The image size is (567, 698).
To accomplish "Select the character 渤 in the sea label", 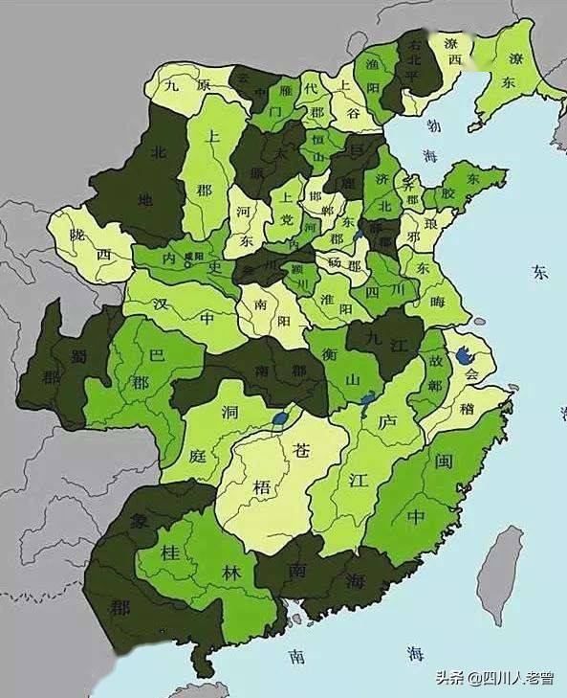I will coord(434,125).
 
